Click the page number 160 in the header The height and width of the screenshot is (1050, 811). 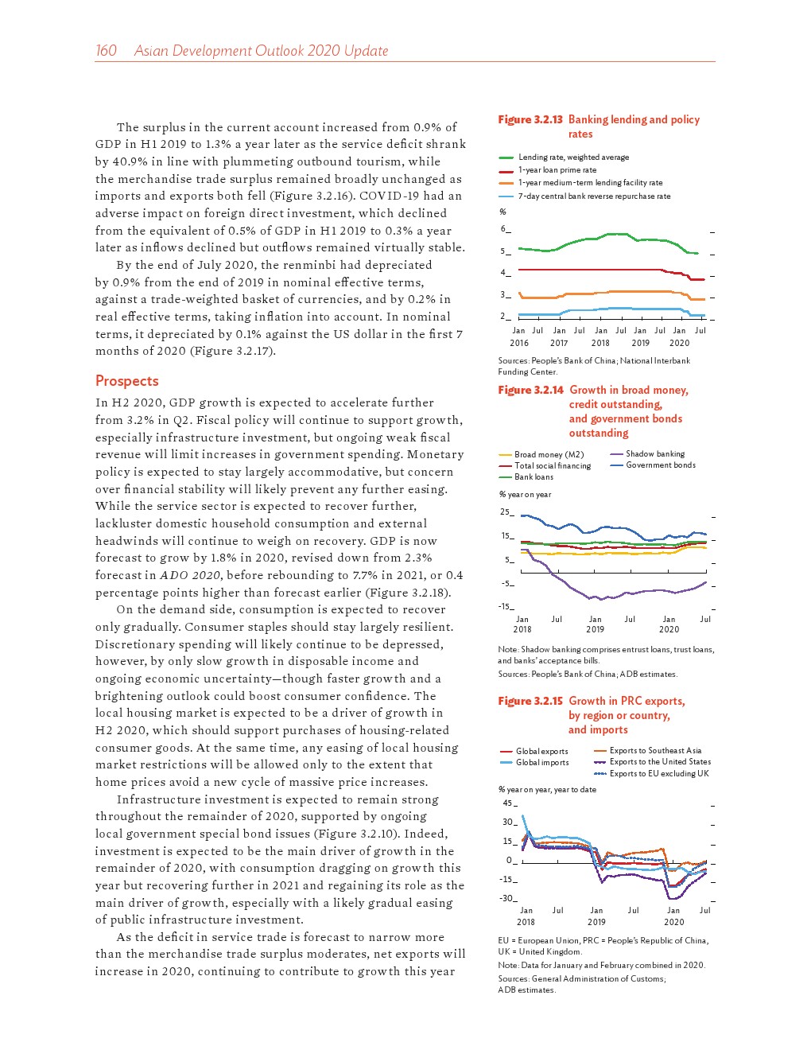pyautogui.click(x=106, y=51)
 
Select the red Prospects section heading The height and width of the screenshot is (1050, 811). pyautogui.click(x=127, y=381)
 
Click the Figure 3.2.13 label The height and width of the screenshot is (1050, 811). pyautogui.click(x=530, y=119)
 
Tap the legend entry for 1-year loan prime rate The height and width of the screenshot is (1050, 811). pyautogui.click(x=557, y=170)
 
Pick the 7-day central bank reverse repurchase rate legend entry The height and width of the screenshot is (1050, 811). pyautogui.click(x=594, y=196)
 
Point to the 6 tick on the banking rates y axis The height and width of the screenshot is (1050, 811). pyautogui.click(x=503, y=229)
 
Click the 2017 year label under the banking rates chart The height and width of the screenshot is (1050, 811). pyautogui.click(x=559, y=344)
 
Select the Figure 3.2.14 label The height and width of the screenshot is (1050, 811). pyautogui.click(x=530, y=390)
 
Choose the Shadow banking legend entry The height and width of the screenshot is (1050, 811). pyautogui.click(x=654, y=454)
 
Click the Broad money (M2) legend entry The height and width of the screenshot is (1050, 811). pyautogui.click(x=549, y=455)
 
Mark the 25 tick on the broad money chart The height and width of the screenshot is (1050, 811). pyautogui.click(x=506, y=512)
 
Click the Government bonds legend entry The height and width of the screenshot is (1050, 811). pyautogui.click(x=660, y=465)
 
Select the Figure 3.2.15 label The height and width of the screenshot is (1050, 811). pyautogui.click(x=530, y=701)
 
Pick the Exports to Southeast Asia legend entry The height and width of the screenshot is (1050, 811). pyautogui.click(x=655, y=751)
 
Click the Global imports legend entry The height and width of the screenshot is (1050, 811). pyautogui.click(x=542, y=763)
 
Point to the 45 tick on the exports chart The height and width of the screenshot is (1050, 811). pyautogui.click(x=508, y=803)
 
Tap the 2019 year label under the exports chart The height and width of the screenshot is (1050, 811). pyautogui.click(x=596, y=923)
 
